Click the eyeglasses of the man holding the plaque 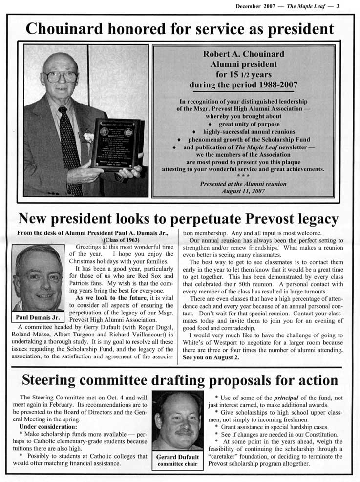coord(61,77)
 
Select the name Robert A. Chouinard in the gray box coord(243,54)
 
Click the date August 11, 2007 coord(243,191)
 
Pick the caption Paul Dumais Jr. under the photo coord(38,317)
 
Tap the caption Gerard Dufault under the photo coord(177,457)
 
